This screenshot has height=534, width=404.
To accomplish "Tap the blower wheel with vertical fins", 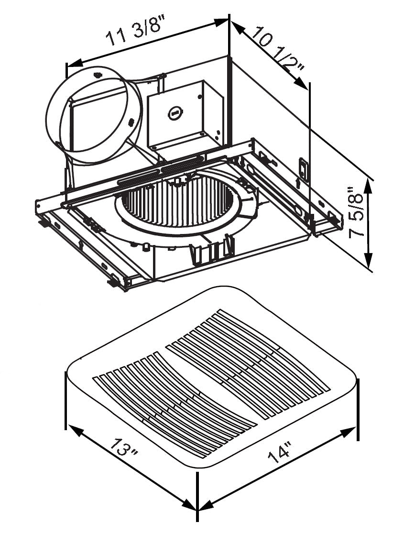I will coord(177,203).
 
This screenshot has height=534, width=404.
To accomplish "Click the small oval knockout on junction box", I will coord(174,113).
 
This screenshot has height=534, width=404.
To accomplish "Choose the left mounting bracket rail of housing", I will coord(86,249).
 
